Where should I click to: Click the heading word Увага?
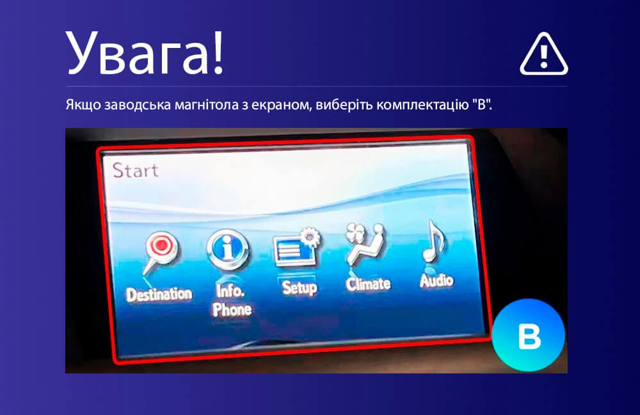145,53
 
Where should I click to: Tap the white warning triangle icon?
543,54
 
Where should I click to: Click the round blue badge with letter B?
529,335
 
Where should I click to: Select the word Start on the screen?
135,170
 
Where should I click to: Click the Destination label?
159,294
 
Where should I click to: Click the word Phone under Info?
232,309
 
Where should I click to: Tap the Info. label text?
230,291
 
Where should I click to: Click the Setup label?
300,288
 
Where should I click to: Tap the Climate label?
368,284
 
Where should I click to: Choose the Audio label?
436,281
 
